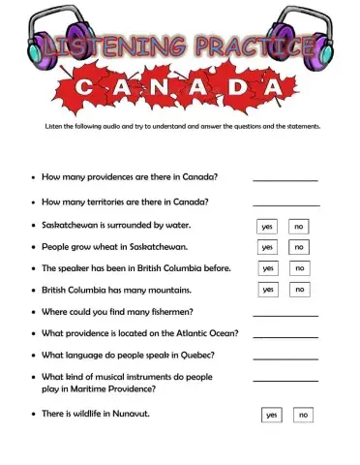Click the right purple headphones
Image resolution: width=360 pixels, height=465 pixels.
point(303,31)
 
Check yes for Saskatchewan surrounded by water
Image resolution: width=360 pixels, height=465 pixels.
point(267,227)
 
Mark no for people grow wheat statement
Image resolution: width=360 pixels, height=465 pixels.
point(299,247)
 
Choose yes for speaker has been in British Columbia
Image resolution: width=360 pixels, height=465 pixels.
point(268,268)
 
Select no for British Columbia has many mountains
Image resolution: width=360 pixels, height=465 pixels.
point(300,289)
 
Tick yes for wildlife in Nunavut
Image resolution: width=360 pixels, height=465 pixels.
point(271,415)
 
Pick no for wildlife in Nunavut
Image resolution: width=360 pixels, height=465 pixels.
point(303,415)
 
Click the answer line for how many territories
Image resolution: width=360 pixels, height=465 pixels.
point(285,204)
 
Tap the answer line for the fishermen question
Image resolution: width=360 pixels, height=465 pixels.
point(285,315)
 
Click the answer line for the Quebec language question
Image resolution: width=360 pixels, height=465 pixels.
point(285,358)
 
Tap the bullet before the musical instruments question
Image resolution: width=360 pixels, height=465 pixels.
point(34,377)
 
